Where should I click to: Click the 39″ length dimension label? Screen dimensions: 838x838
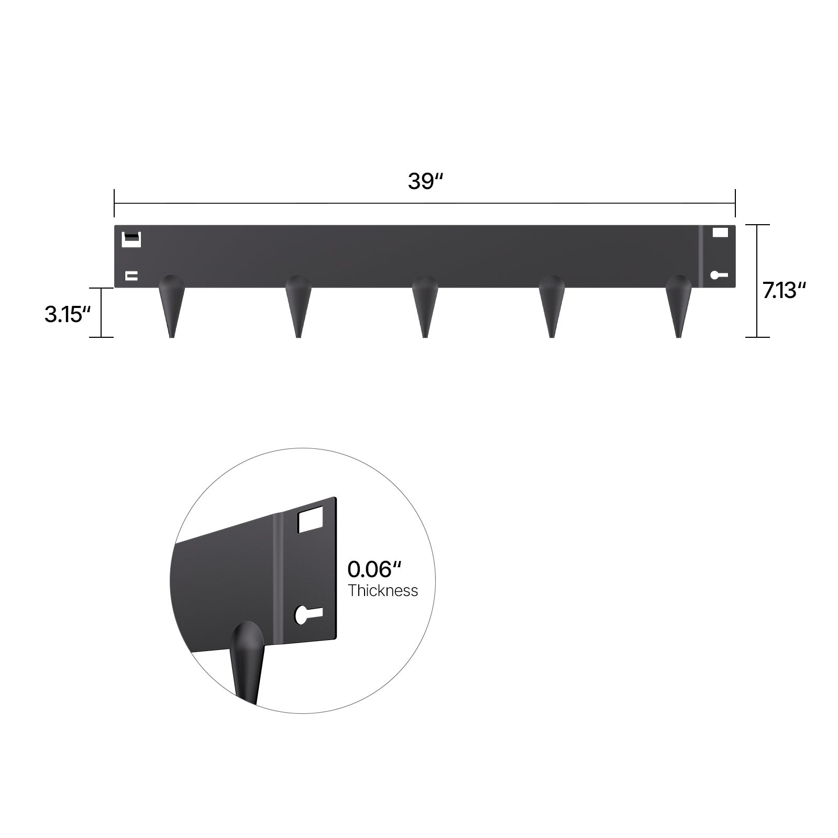(425, 181)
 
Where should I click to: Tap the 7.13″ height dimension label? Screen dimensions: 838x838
(784, 290)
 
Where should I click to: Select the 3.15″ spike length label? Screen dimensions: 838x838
(68, 314)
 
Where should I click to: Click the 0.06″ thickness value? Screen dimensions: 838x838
(374, 569)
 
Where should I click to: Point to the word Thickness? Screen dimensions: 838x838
(383, 590)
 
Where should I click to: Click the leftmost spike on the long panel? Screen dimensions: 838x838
(171, 304)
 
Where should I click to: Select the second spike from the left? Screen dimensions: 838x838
(298, 304)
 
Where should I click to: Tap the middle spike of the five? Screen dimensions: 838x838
(425, 304)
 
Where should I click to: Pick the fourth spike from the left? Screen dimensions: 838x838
(552, 304)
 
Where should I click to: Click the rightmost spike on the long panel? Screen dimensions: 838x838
(678, 304)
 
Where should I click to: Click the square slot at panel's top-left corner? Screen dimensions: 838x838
(131, 239)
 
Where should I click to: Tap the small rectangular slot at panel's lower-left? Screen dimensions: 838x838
(131, 275)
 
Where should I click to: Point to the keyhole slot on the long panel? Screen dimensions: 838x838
(718, 275)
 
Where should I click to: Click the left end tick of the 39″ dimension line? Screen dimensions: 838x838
(114, 203)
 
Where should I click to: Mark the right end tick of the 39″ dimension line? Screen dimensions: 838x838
(735, 203)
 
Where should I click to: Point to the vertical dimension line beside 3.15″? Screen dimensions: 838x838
(101, 312)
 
